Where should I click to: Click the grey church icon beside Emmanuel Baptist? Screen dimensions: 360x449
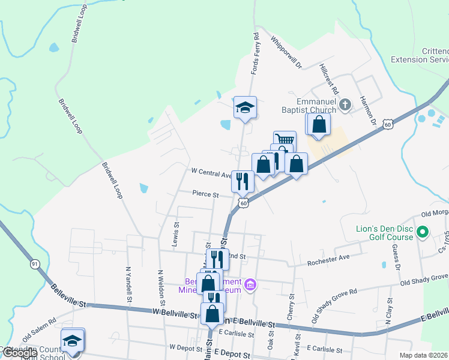tap(345, 106)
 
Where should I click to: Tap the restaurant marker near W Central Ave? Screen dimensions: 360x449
tap(243, 181)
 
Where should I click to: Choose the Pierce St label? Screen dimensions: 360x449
tap(205, 194)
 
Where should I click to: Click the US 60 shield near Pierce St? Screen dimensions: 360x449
tap(243, 203)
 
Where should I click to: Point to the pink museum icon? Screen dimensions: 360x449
tap(251, 284)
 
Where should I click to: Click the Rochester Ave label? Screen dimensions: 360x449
tap(328, 262)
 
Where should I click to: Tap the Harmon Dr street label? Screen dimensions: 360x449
tap(367, 110)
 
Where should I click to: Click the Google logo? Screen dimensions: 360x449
tap(19, 353)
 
